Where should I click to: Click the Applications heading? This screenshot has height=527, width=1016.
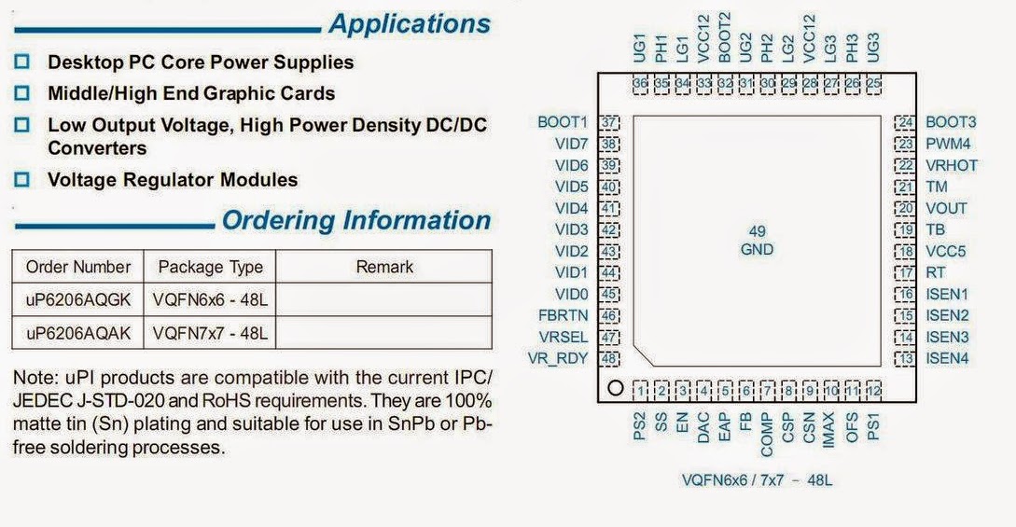[409, 24]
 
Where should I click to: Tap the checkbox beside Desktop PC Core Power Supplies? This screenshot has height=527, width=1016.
[23, 62]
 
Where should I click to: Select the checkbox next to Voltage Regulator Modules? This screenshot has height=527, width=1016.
[23, 179]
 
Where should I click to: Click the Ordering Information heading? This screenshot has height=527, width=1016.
[355, 221]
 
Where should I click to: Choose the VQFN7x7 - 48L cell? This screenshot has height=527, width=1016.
[210, 332]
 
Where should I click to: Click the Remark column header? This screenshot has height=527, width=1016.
[384, 267]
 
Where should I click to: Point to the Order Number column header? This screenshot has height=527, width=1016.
[77, 267]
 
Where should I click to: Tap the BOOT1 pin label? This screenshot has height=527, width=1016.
[563, 122]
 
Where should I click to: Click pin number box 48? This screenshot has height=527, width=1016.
[610, 358]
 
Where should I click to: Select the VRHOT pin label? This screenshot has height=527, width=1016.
[952, 165]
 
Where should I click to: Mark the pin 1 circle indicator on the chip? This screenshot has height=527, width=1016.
[614, 388]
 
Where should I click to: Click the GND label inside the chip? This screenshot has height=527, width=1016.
[757, 249]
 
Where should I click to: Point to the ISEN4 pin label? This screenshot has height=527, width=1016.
[947, 358]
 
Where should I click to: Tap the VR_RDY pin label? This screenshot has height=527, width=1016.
[558, 358]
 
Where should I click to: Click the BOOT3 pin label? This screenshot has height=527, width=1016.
[951, 122]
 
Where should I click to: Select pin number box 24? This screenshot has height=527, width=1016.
[904, 122]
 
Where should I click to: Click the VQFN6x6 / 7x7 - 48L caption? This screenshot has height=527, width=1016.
[757, 480]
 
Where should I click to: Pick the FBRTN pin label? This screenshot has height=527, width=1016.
[563, 315]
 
